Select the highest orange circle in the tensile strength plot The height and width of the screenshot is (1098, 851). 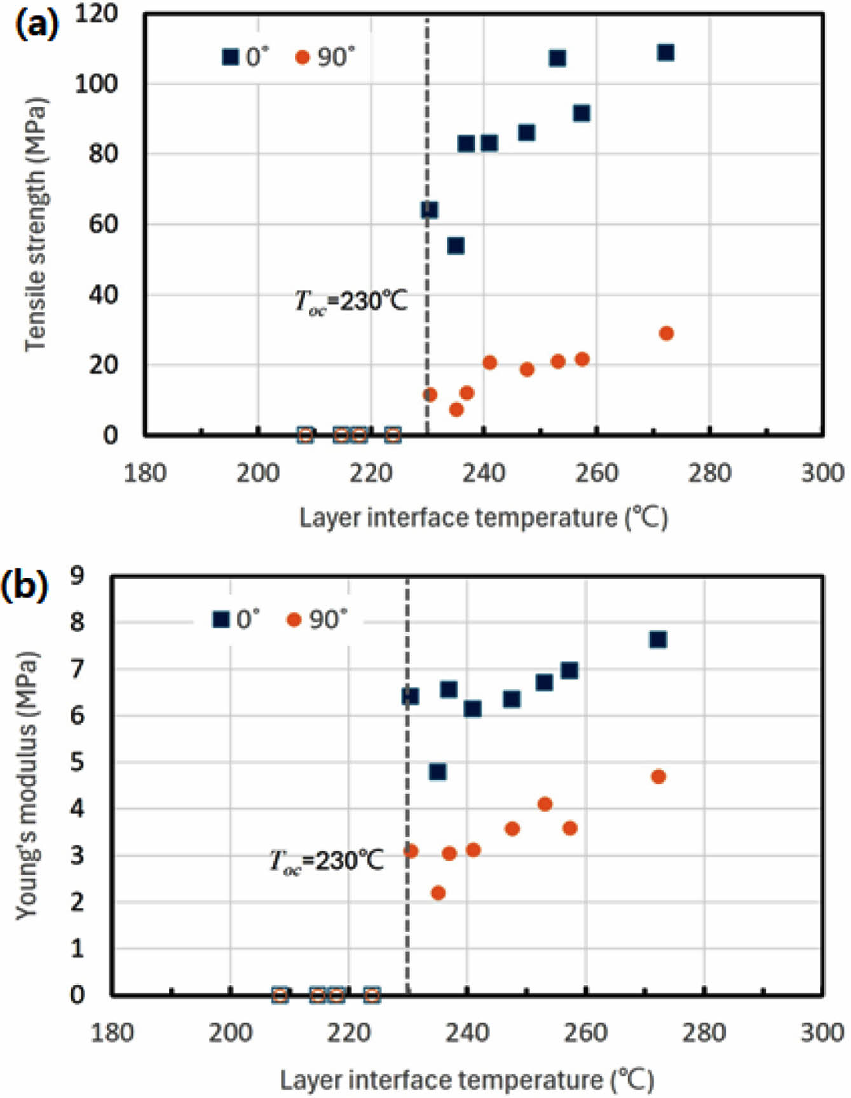[x=665, y=333]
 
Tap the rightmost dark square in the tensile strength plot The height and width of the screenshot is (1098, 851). [x=665, y=52]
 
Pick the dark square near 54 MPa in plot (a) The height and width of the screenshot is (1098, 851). [x=456, y=245]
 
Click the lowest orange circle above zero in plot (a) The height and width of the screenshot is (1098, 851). [x=456, y=409]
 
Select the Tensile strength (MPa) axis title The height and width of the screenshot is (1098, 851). [x=36, y=224]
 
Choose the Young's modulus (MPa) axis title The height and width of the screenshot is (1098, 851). [x=27, y=785]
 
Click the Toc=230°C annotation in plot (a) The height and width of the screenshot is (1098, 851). [x=351, y=301]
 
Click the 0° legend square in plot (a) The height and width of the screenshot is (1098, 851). [x=230, y=57]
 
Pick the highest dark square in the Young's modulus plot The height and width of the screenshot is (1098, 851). [x=658, y=639]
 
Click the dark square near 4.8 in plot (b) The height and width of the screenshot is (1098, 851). [x=437, y=772]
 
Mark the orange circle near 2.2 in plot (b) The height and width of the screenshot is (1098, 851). [x=438, y=893]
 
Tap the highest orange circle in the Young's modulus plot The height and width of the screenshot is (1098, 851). [x=658, y=776]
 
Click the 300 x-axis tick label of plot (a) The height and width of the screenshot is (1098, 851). [x=822, y=473]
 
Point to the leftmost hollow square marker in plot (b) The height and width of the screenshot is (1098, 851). [x=280, y=995]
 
